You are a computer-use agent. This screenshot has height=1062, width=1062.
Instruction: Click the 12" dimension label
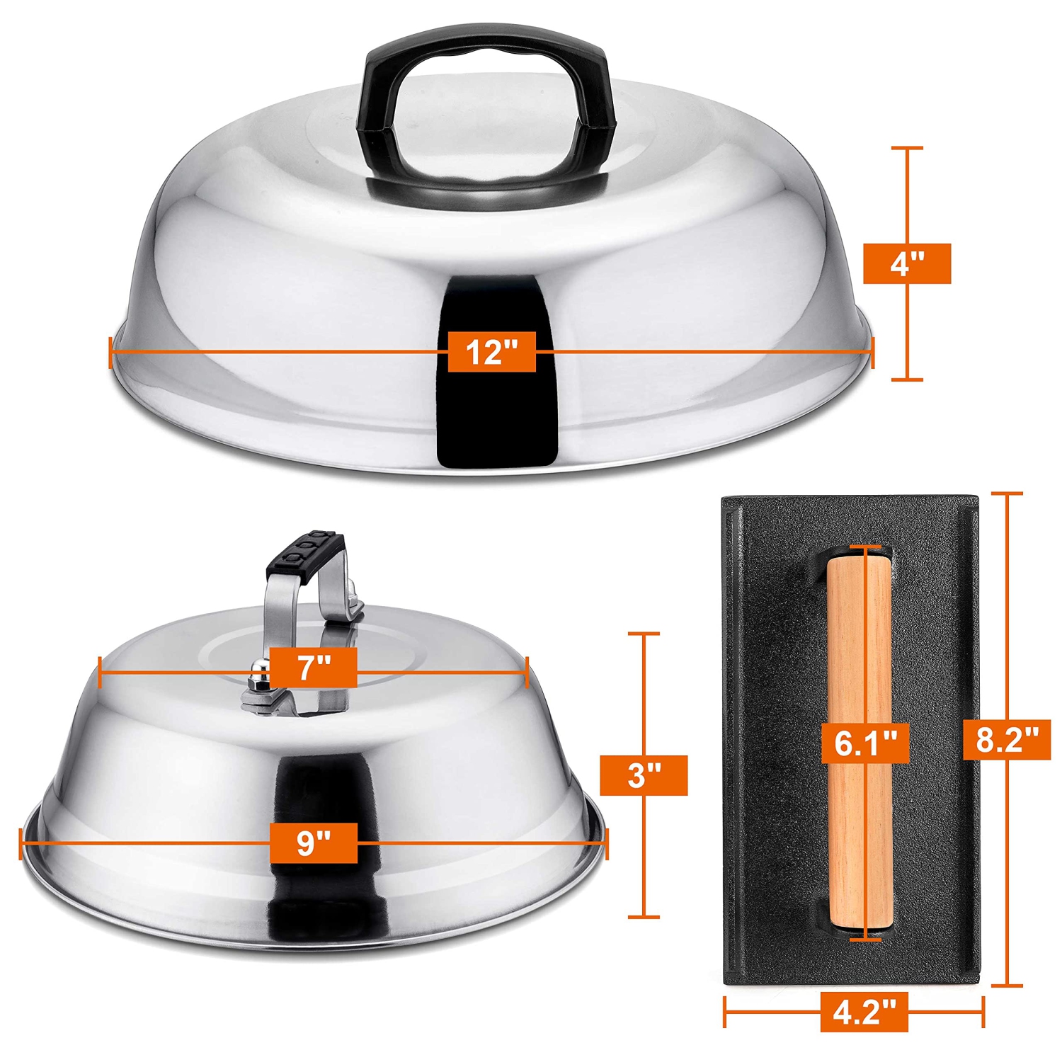491,351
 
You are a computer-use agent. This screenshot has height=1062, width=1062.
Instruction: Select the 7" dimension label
313,667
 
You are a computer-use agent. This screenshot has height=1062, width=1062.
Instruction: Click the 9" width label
313,843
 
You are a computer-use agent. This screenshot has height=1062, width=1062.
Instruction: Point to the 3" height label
643,775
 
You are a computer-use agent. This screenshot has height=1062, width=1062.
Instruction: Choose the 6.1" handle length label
865,743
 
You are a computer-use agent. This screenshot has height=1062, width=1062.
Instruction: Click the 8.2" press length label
1007,740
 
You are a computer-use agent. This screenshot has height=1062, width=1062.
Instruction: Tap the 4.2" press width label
864,1012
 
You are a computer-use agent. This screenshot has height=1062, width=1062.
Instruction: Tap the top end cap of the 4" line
907,149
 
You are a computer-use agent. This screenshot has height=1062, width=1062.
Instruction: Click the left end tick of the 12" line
111,352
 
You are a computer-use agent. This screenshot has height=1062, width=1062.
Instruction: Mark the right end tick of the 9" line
607,843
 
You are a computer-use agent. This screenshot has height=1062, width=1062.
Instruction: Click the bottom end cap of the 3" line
643,916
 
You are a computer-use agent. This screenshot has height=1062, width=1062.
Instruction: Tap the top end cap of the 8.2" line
1007,493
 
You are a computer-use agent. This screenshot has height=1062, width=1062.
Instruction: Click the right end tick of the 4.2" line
983,1012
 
